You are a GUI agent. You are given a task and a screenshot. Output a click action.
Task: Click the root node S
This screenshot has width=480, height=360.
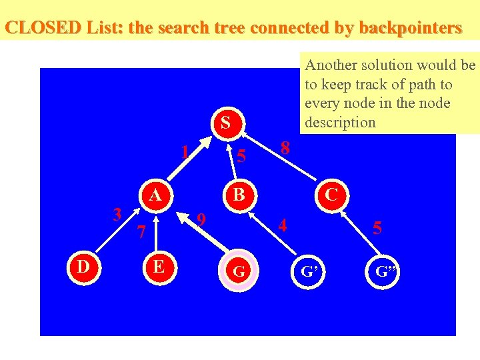click(x=225, y=123)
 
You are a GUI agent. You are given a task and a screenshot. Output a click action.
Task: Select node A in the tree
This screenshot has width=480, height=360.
click(x=155, y=195)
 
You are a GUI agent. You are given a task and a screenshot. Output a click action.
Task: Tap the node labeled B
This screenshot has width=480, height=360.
click(x=239, y=195)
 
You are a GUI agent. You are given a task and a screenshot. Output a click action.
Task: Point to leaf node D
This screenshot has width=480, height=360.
click(x=83, y=267)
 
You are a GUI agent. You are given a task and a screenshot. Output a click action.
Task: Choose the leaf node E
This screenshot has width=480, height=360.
click(x=159, y=267)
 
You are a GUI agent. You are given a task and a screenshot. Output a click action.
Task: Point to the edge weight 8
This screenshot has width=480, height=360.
click(x=285, y=148)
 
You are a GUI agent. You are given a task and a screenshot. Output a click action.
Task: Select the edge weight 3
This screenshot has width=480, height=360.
click(x=117, y=215)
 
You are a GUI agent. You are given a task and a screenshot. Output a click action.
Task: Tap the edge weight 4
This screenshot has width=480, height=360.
click(x=283, y=225)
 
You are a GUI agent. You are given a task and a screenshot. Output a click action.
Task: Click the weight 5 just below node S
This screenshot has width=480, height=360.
click(x=242, y=157)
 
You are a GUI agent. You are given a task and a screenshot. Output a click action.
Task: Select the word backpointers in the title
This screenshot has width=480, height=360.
click(x=410, y=28)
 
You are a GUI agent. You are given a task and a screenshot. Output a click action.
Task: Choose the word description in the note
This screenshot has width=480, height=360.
click(x=340, y=122)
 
